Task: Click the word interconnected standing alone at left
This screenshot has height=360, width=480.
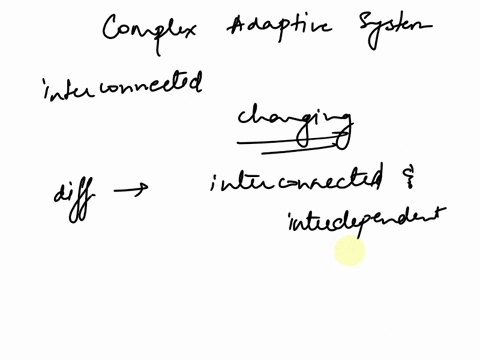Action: (x=120, y=86)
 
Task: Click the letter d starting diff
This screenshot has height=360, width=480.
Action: (x=59, y=190)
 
